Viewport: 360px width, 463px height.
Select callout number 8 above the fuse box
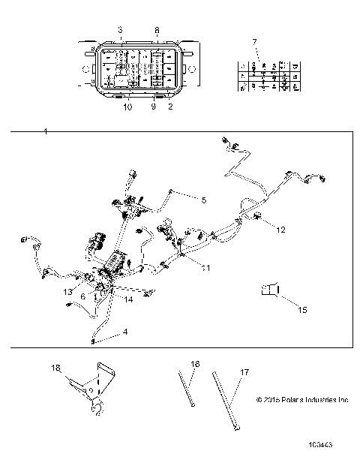click(156, 30)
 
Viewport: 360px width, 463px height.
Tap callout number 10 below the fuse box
click(127, 107)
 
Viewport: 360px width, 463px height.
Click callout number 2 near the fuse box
click(171, 107)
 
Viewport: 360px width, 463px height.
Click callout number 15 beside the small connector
click(281, 308)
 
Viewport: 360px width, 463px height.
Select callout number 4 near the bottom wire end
click(104, 331)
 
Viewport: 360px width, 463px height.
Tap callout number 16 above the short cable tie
click(195, 363)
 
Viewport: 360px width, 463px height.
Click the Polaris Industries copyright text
click(301, 400)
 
